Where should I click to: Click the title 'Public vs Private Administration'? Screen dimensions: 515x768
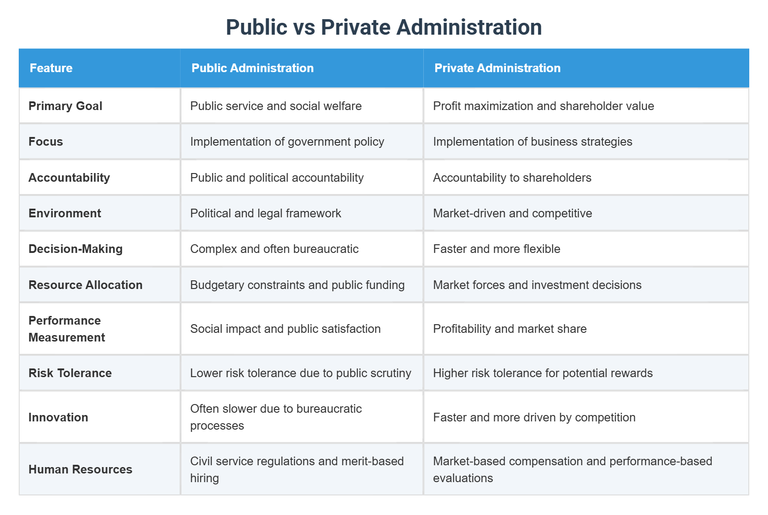click(x=384, y=27)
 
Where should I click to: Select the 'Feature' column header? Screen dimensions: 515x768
click(x=51, y=68)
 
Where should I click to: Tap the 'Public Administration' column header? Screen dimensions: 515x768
click(x=252, y=68)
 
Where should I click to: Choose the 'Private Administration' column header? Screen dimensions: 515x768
click(x=497, y=68)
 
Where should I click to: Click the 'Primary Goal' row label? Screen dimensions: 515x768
click(x=65, y=106)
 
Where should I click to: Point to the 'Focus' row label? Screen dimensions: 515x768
click(x=46, y=142)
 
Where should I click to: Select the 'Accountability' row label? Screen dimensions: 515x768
click(x=69, y=178)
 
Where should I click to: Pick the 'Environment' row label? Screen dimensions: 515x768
click(x=65, y=213)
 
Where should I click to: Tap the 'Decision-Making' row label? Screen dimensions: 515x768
click(x=75, y=249)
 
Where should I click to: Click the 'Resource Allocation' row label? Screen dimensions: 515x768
click(x=85, y=285)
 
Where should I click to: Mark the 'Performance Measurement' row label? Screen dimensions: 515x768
click(x=67, y=329)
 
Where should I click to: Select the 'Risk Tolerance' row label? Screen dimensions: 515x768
click(x=70, y=373)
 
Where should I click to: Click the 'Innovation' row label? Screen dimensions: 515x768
click(x=58, y=417)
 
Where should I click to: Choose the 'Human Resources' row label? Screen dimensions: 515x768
click(x=80, y=469)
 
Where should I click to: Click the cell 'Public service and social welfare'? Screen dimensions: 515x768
click(x=276, y=106)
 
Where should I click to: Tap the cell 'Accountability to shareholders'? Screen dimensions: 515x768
click(x=512, y=178)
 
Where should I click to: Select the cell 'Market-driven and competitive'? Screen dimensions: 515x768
click(x=512, y=213)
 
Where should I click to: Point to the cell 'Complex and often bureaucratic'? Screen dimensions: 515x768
click(x=274, y=249)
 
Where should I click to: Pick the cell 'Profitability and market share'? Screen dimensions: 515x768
click(x=510, y=329)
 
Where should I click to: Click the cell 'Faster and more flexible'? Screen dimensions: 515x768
click(x=496, y=249)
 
